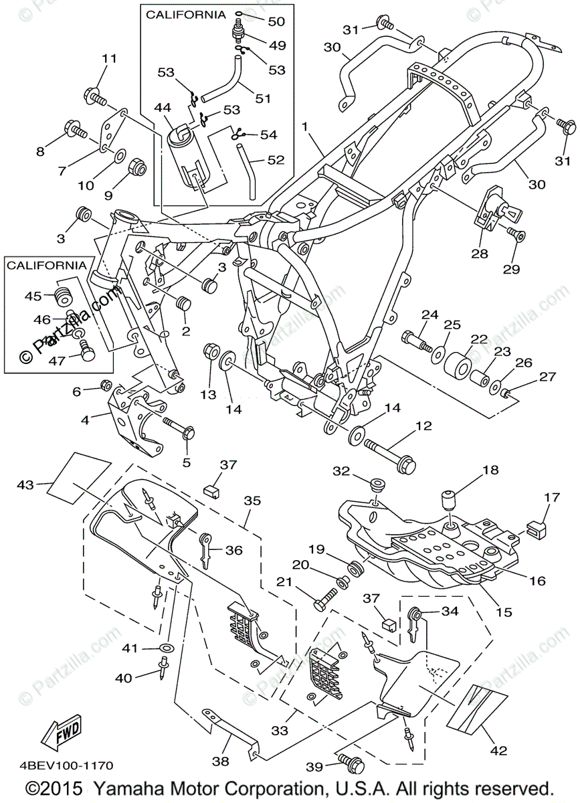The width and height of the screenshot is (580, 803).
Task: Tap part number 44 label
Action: (x=163, y=107)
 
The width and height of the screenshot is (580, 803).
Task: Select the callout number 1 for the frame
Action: (x=304, y=126)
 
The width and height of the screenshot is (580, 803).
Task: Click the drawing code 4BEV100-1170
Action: (x=66, y=765)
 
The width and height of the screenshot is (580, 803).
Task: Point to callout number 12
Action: (x=423, y=426)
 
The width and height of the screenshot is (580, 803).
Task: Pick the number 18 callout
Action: (x=491, y=470)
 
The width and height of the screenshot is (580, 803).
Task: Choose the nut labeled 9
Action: (x=136, y=165)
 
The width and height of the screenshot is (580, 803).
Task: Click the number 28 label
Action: (x=478, y=254)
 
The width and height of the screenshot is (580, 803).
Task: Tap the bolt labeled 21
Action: (x=327, y=600)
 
